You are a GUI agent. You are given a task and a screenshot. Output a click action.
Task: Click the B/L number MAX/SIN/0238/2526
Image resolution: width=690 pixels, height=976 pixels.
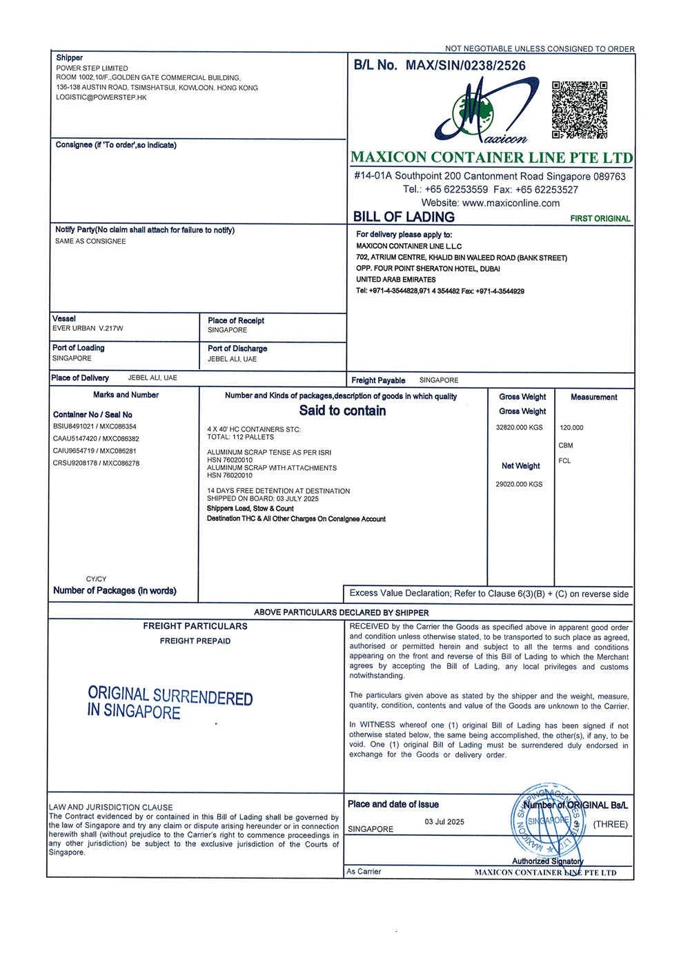(466, 66)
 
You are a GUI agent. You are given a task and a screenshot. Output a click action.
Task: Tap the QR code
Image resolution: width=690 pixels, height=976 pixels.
(580, 109)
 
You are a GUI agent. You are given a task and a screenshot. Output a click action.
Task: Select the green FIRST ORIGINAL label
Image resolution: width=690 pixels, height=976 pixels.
(600, 219)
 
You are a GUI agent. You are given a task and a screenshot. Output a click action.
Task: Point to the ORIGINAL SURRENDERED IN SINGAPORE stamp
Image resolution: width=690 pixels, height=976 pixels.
(170, 703)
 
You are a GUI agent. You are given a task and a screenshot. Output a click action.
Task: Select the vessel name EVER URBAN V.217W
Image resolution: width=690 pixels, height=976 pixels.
(88, 329)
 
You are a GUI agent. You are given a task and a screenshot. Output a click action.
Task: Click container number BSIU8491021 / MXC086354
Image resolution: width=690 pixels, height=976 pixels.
(95, 427)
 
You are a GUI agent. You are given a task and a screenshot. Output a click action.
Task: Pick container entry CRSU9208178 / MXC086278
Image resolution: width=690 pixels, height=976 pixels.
(96, 463)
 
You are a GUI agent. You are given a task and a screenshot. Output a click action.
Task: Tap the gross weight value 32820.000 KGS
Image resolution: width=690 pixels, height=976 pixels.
(520, 428)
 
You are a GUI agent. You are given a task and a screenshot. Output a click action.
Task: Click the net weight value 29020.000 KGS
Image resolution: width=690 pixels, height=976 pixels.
(519, 485)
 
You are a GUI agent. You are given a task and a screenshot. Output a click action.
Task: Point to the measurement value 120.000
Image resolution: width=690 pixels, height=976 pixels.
(571, 428)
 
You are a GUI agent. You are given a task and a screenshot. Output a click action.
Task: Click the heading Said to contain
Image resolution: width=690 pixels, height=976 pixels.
(342, 411)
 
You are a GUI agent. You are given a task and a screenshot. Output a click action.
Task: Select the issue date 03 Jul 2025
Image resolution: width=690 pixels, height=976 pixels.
(444, 822)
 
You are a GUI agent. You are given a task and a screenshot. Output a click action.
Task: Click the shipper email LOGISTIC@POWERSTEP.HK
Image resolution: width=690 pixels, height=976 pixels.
(101, 98)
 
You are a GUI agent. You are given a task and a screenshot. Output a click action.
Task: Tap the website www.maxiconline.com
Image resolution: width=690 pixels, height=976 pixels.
(511, 203)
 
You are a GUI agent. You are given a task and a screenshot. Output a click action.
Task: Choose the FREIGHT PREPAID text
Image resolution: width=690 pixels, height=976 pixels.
(195, 641)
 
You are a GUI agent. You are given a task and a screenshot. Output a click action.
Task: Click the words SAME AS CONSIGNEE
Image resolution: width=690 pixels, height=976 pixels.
(90, 242)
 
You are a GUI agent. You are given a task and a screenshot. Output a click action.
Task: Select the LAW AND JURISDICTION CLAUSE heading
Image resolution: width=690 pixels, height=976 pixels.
(111, 807)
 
